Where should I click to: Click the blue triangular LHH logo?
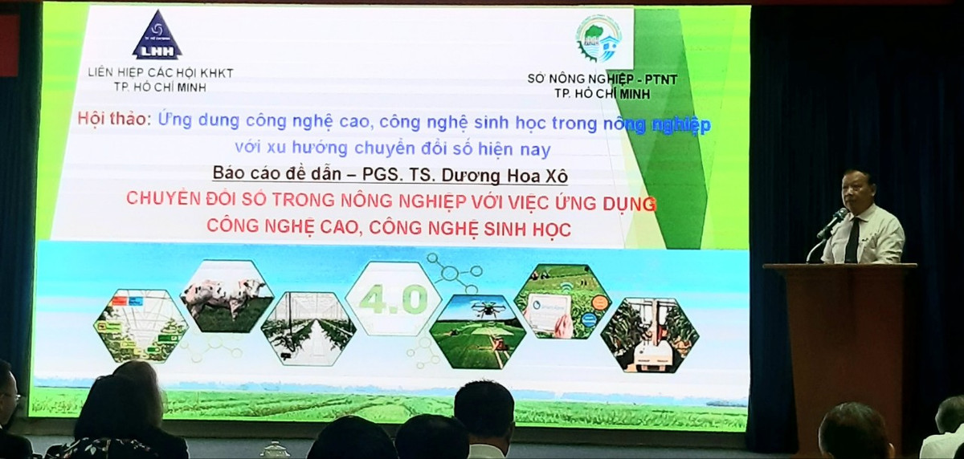(157, 36)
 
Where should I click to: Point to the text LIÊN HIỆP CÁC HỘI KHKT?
(161, 73)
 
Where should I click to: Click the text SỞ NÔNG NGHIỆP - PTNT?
(602, 79)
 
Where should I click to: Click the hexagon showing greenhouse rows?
(308, 329)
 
